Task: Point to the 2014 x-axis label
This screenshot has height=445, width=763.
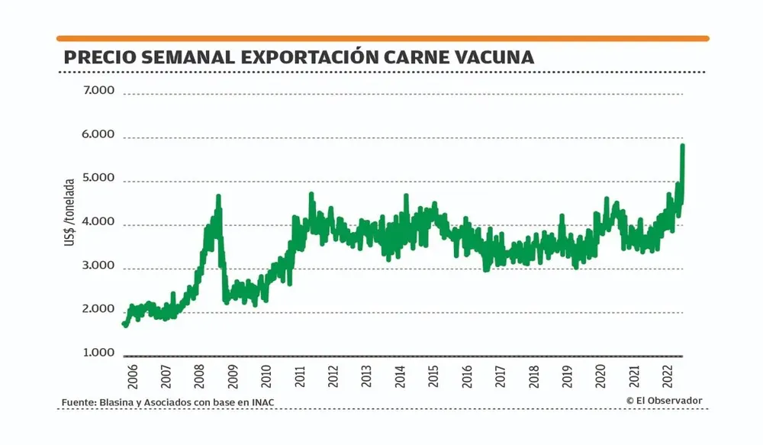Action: (x=400, y=376)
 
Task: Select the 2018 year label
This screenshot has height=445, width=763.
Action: (x=533, y=376)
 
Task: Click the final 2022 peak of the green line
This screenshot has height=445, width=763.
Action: (x=683, y=145)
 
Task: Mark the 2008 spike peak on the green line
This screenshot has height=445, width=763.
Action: (x=218, y=196)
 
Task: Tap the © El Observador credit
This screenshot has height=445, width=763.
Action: (x=664, y=401)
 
